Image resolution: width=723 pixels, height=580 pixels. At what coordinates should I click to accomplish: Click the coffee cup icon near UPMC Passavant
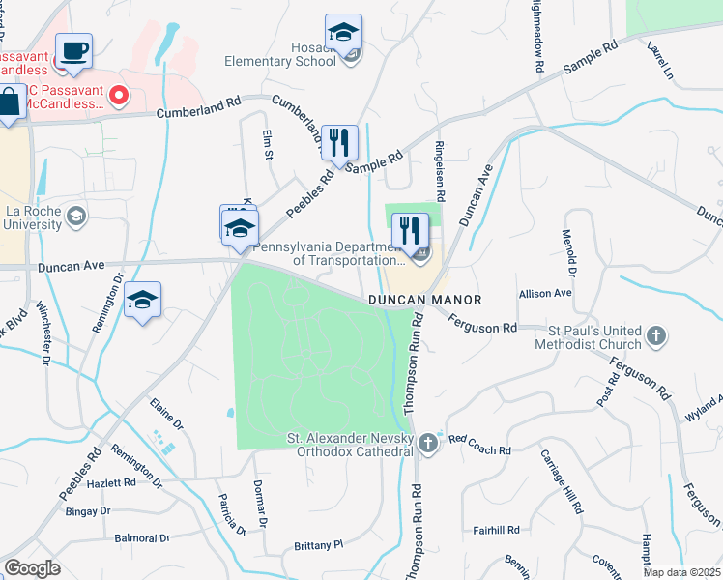pos(73,50)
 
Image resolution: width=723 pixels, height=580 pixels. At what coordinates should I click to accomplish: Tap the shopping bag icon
pos(9,103)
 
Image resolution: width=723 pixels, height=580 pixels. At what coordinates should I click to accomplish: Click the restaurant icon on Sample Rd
pos(339,142)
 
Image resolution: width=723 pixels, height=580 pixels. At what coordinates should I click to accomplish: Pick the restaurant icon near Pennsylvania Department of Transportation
pos(411,230)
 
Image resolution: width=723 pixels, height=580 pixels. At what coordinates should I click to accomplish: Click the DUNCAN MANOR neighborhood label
pos(424,301)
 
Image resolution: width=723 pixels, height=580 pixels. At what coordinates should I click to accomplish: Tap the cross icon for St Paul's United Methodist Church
pos(656,336)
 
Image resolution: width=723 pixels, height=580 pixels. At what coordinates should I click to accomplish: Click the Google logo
pos(32,567)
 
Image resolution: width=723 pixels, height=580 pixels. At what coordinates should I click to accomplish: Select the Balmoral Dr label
pos(142,538)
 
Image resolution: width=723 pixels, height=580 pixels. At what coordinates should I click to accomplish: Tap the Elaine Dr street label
pos(166,414)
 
